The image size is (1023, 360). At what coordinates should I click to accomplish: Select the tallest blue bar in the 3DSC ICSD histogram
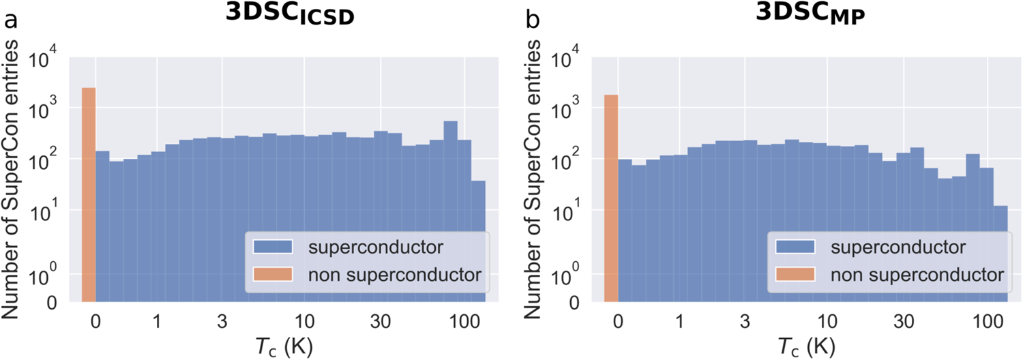(450, 211)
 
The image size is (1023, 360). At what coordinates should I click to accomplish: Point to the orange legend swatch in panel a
(273, 275)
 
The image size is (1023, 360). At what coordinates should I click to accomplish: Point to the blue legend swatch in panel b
(795, 246)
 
